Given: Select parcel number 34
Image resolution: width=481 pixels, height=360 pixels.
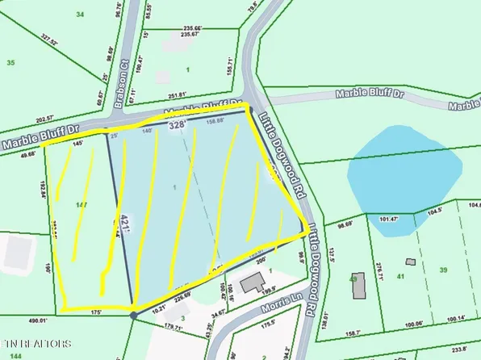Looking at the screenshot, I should [x=80, y=15].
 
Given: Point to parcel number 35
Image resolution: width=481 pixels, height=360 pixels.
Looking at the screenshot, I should [x=10, y=62].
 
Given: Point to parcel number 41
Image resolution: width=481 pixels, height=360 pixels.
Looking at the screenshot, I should [x=402, y=277].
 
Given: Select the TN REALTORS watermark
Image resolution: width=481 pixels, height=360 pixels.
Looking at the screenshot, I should [x=36, y=344].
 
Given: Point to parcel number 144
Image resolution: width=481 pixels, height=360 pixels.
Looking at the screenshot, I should [x=16, y=355].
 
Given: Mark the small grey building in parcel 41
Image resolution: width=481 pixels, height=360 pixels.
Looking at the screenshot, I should [x=410, y=262].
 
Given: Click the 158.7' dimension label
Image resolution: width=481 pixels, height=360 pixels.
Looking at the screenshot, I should [x=353, y=333].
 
